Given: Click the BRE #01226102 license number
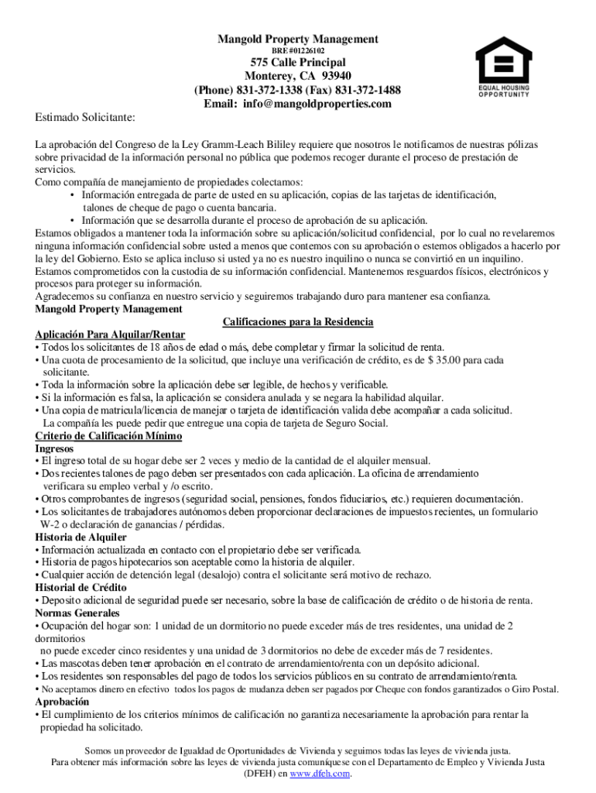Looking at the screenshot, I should tap(297, 50).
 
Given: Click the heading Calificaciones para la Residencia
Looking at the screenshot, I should tap(298, 321).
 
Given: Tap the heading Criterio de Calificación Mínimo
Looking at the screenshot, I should tap(108, 436).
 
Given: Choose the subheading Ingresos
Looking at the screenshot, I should tap(54, 448).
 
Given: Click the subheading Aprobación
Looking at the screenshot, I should tap(62, 702).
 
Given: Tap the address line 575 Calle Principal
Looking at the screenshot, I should tap(298, 62).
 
